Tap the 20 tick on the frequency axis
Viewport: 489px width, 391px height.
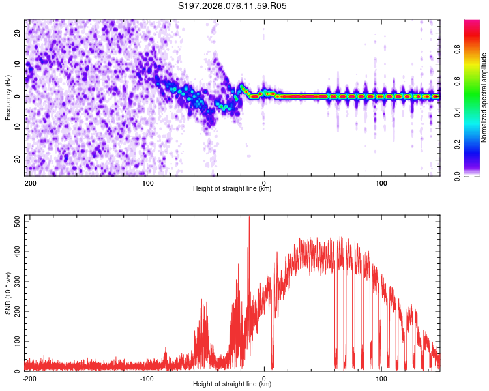18,33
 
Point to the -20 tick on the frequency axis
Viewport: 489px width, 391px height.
16,160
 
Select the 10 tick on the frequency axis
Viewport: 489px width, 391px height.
18,65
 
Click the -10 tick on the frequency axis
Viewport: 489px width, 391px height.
16,128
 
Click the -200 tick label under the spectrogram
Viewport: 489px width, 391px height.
29,182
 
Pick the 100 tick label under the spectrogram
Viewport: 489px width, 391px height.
381,182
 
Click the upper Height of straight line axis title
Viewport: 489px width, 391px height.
232,189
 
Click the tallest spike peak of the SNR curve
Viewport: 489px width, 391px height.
249,217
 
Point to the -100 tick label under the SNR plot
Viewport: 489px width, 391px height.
146,378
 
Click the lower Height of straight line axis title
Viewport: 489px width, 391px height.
232,384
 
